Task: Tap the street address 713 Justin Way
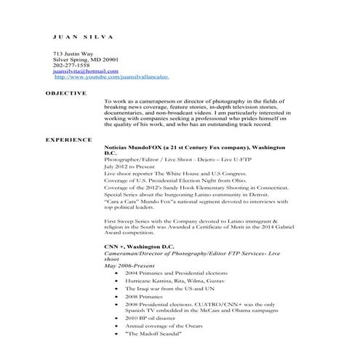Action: point(76,54)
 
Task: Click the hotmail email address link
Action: point(85,71)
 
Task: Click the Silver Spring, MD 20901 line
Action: point(85,60)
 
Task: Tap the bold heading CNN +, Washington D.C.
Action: point(140,247)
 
